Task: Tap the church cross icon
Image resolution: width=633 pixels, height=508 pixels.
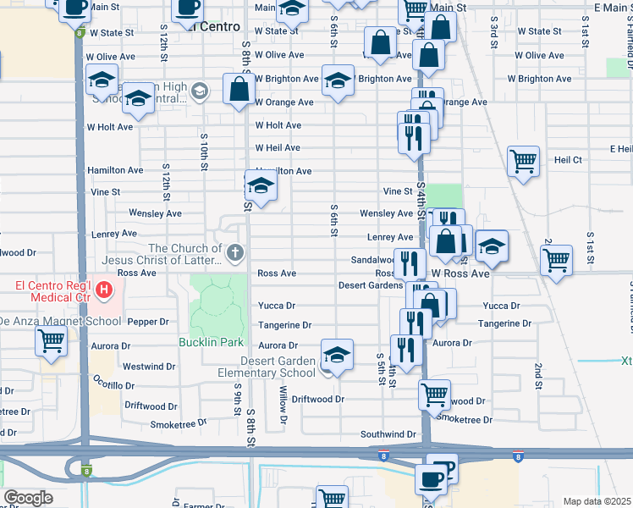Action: tap(234, 251)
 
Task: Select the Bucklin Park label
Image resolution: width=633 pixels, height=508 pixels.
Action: tap(211, 342)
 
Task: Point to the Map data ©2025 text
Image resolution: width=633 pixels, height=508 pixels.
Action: tap(597, 501)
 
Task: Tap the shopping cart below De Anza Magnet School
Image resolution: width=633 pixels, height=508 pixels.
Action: tap(52, 341)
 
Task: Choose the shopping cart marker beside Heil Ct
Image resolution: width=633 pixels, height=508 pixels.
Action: tap(524, 160)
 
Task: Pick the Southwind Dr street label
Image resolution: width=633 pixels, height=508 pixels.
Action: tap(388, 434)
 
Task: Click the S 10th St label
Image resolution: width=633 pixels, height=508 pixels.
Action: tap(204, 152)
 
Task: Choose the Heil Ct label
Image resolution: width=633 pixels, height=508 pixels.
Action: tap(566, 159)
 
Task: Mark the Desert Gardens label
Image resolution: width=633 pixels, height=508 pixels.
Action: tap(370, 285)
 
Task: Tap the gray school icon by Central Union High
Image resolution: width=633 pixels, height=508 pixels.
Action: tap(199, 91)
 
